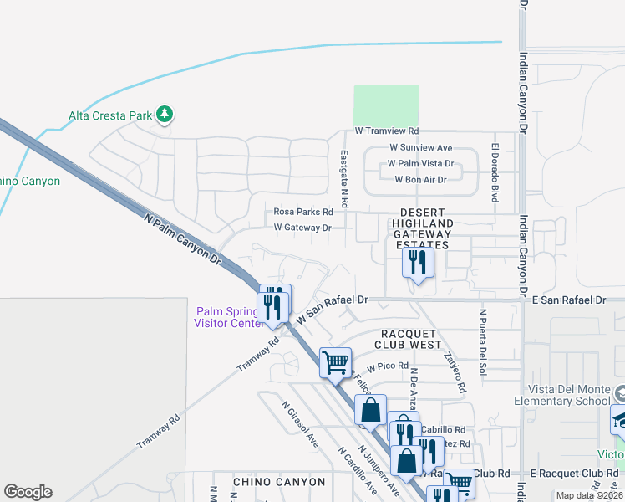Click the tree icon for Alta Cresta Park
pyautogui.click(x=165, y=115)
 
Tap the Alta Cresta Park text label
pyautogui.click(x=111, y=115)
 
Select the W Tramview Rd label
pyautogui.click(x=386, y=131)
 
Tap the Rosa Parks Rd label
pyautogui.click(x=303, y=212)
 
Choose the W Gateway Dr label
pyautogui.click(x=302, y=228)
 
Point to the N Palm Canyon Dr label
pyautogui.click(x=181, y=239)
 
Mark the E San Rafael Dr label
pyautogui.click(x=568, y=300)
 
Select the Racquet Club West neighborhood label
pyautogui.click(x=408, y=338)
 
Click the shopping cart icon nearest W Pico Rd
pyautogui.click(x=335, y=362)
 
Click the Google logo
pyautogui.click(x=28, y=491)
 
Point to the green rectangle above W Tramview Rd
pyautogui.click(x=386, y=105)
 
